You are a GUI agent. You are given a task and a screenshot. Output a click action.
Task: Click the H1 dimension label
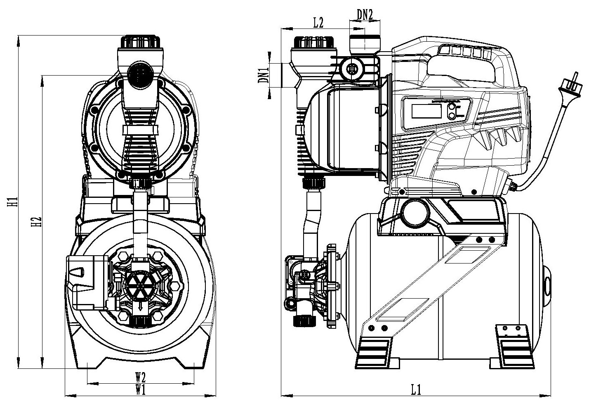coord(14,201)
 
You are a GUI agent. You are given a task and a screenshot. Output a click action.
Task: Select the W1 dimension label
coord(141,389)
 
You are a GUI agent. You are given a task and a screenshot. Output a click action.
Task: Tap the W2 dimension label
coord(141,377)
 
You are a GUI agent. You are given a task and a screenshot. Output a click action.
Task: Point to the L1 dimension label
coord(415,389)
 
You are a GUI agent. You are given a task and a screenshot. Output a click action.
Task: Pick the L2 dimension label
coord(318,23)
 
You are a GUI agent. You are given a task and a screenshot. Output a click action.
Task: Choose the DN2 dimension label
coord(365,15)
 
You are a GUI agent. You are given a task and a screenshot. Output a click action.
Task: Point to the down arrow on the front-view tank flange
coord(140,306)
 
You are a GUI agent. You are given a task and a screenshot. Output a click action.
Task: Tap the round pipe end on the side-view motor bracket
coord(415,213)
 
